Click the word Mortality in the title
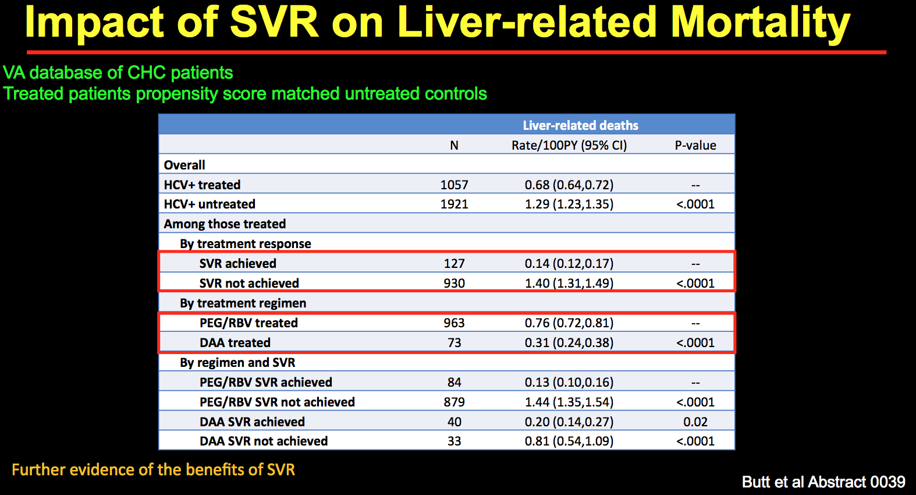[760, 23]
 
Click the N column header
[454, 145]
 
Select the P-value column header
[695, 145]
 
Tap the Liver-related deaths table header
[580, 125]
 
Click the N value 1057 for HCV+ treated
[454, 185]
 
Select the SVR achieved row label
[237, 263]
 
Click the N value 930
[454, 283]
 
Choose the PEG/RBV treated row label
[248, 323]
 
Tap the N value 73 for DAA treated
[454, 342]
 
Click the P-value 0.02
[695, 422]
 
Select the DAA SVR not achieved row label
[264, 441]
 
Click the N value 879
[454, 402]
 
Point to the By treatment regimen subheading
[243, 303]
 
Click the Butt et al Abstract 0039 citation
[823, 482]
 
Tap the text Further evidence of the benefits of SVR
[153, 469]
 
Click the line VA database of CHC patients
[118, 72]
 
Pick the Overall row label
[184, 165]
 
